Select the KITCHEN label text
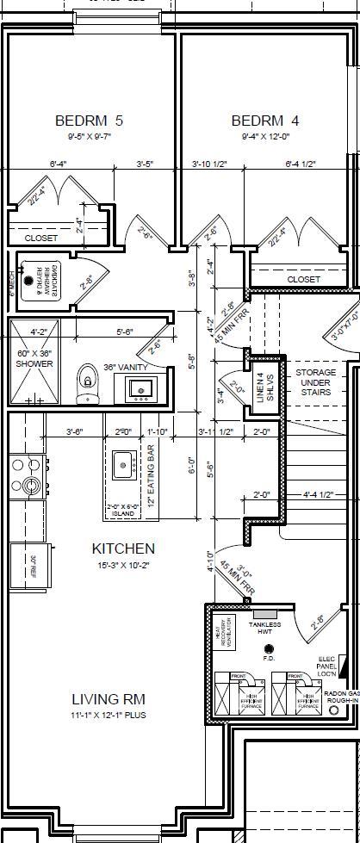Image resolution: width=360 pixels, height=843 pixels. [x=123, y=548]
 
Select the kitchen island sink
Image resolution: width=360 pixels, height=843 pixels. [x=122, y=464]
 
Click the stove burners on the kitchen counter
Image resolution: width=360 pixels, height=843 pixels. [x=24, y=476]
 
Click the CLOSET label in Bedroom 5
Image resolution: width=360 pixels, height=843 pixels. [x=41, y=238]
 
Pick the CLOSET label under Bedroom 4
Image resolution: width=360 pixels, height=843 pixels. [x=303, y=279]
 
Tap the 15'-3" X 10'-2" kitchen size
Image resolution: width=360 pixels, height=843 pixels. [x=123, y=564]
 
